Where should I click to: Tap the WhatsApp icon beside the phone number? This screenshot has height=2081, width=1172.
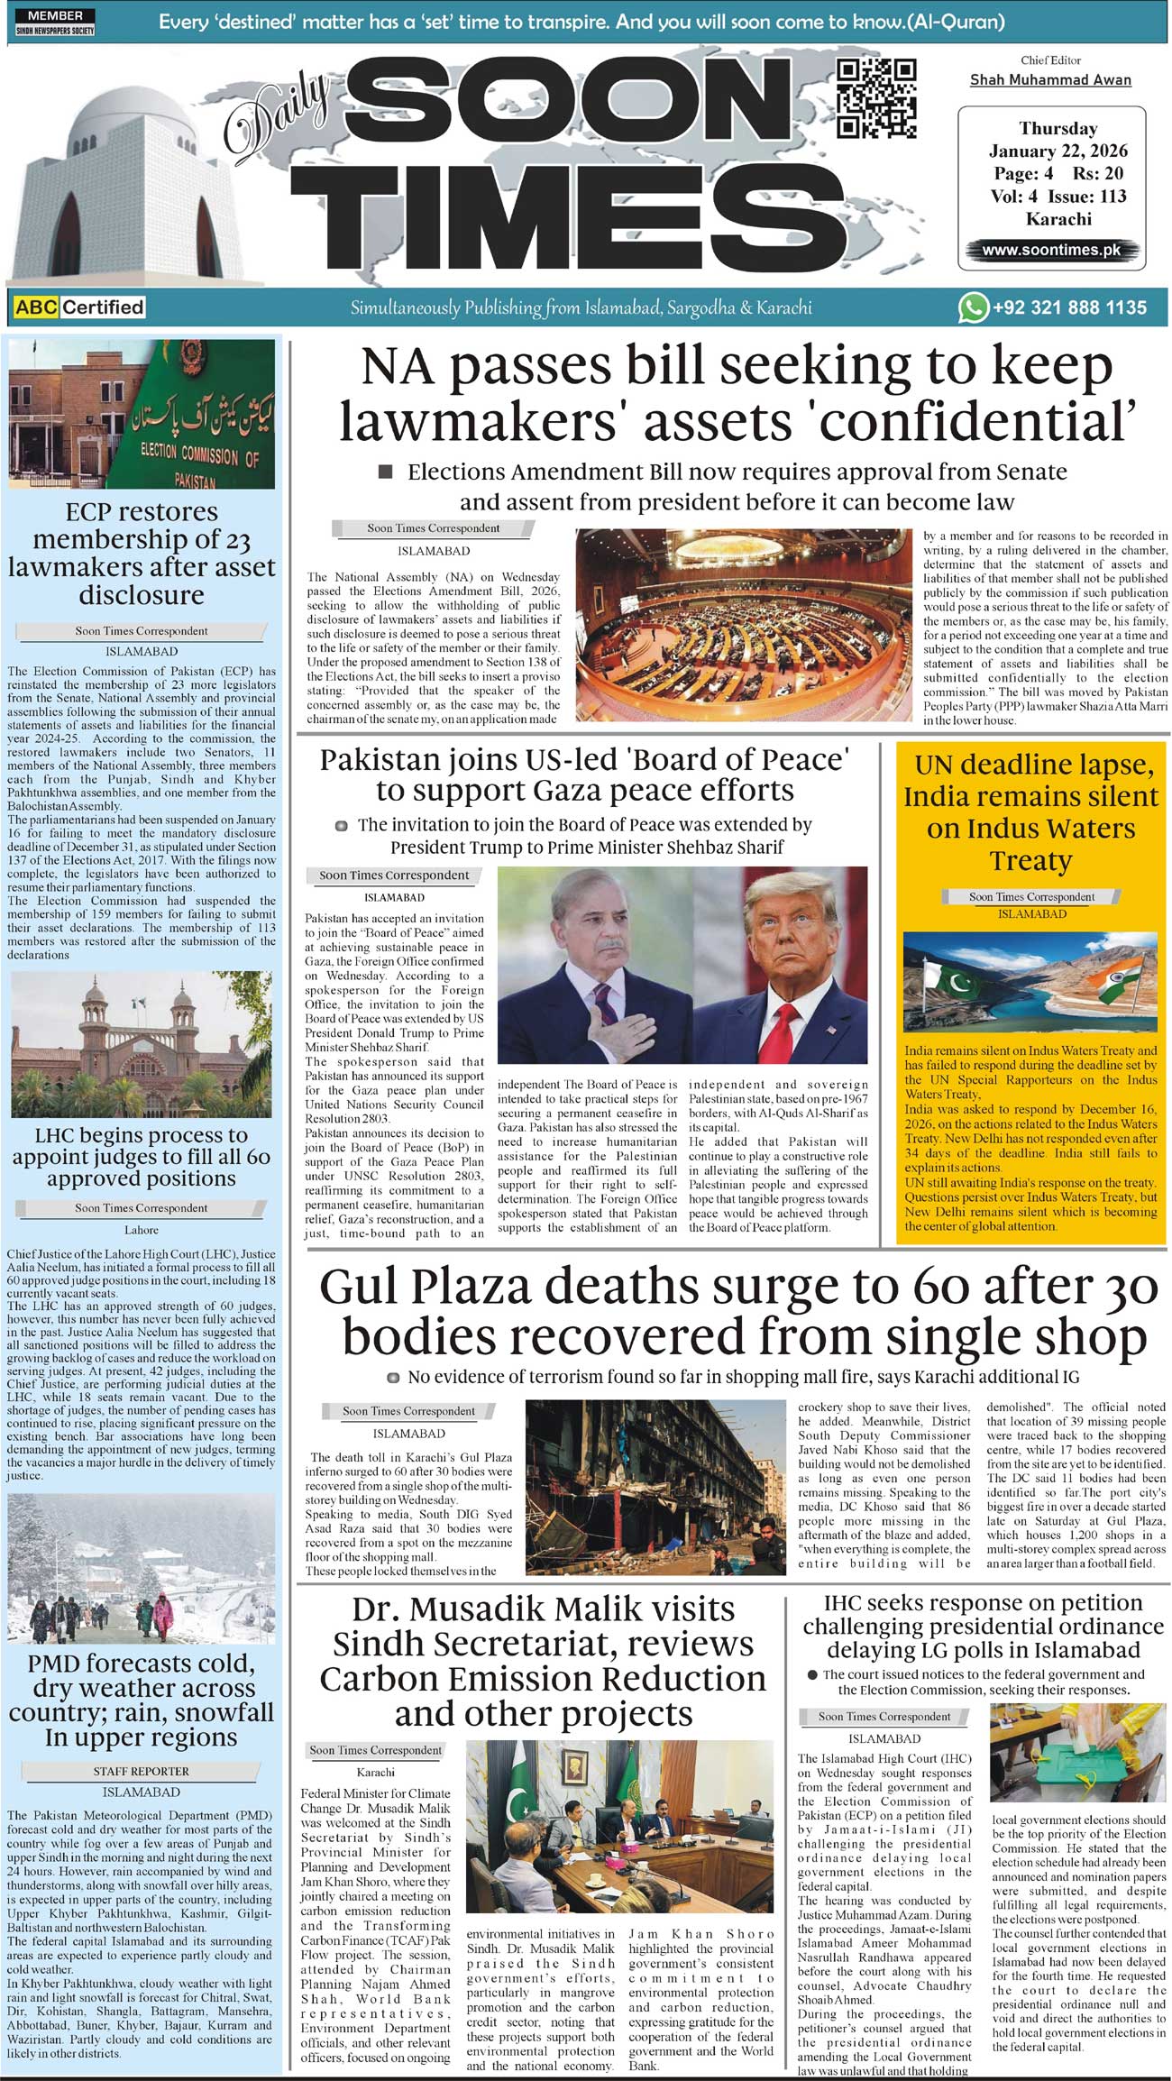[x=972, y=307]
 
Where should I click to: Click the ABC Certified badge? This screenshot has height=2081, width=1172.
[x=79, y=307]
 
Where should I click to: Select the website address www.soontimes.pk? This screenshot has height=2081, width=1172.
[x=1051, y=250]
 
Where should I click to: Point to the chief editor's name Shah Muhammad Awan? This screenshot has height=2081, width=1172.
[x=1050, y=80]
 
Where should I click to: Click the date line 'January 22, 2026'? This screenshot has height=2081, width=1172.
[x=1058, y=151]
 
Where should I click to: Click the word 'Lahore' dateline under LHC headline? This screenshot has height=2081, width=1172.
[x=142, y=1230]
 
